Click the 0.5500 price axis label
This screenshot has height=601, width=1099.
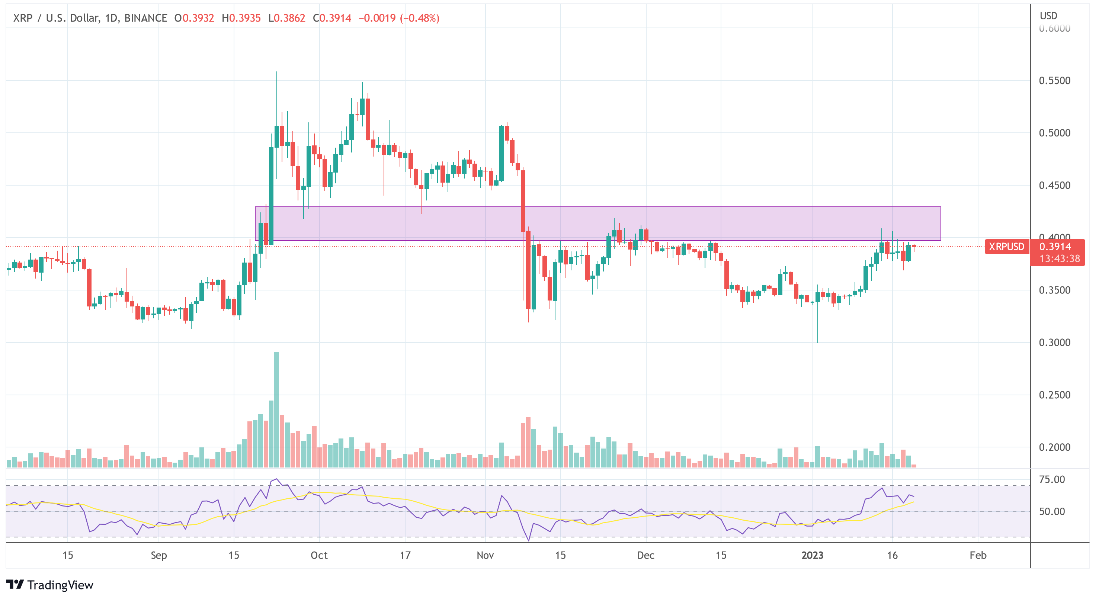coord(1054,81)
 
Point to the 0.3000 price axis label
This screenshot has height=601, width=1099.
coord(1054,343)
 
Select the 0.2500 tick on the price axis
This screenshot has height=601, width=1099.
coord(1054,395)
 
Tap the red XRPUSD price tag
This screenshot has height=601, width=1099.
coord(1006,247)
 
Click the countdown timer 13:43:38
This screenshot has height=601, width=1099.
coord(1059,258)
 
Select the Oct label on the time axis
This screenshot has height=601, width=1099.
coord(319,555)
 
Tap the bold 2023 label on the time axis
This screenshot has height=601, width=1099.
coord(812,555)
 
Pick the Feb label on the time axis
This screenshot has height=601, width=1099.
coord(978,555)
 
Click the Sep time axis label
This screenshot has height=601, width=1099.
coord(159,555)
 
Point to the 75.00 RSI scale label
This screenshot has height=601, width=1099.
coord(1052,479)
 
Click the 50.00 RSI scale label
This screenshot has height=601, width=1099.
coord(1052,511)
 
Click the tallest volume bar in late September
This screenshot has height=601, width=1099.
coord(276,409)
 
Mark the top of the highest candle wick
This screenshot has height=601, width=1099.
coord(276,72)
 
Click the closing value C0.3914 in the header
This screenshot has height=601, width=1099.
coord(332,18)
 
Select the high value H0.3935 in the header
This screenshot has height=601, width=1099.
coord(241,18)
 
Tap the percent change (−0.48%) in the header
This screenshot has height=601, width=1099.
coord(419,18)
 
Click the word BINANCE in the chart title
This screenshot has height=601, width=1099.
coord(145,18)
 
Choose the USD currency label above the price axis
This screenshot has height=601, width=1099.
coord(1048,16)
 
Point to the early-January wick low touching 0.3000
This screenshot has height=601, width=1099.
coord(817,341)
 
